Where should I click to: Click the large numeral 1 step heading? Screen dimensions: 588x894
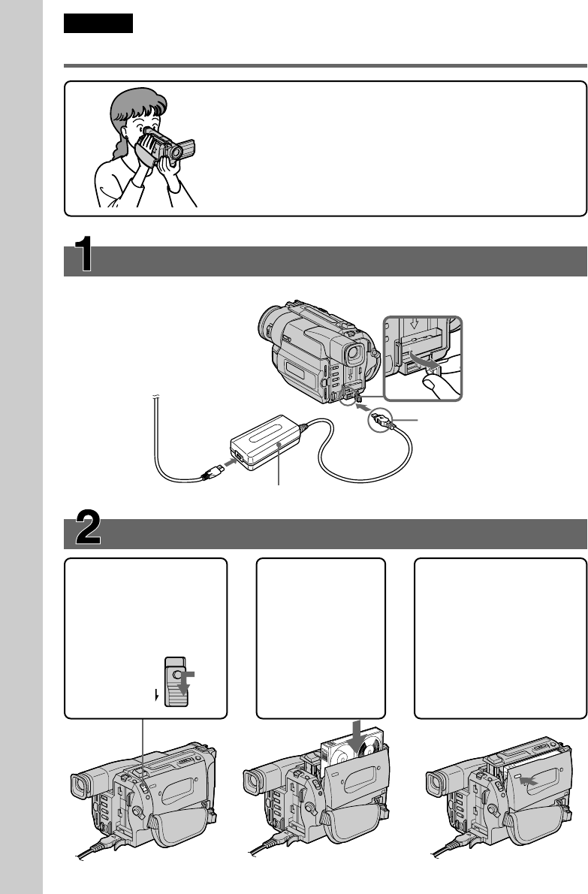[84, 254]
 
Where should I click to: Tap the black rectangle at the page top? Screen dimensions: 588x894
[98, 23]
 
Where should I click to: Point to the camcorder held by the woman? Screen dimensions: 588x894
[169, 145]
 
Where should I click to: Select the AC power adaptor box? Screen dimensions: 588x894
[266, 442]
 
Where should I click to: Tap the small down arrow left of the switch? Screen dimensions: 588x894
[156, 695]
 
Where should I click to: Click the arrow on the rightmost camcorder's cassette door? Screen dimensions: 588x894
[529, 782]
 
